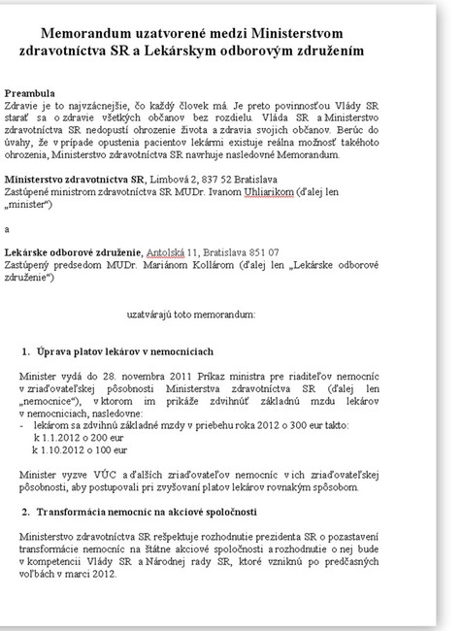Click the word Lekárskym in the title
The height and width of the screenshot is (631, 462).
(240, 50)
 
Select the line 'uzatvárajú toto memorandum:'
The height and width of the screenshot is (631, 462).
(191, 315)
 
